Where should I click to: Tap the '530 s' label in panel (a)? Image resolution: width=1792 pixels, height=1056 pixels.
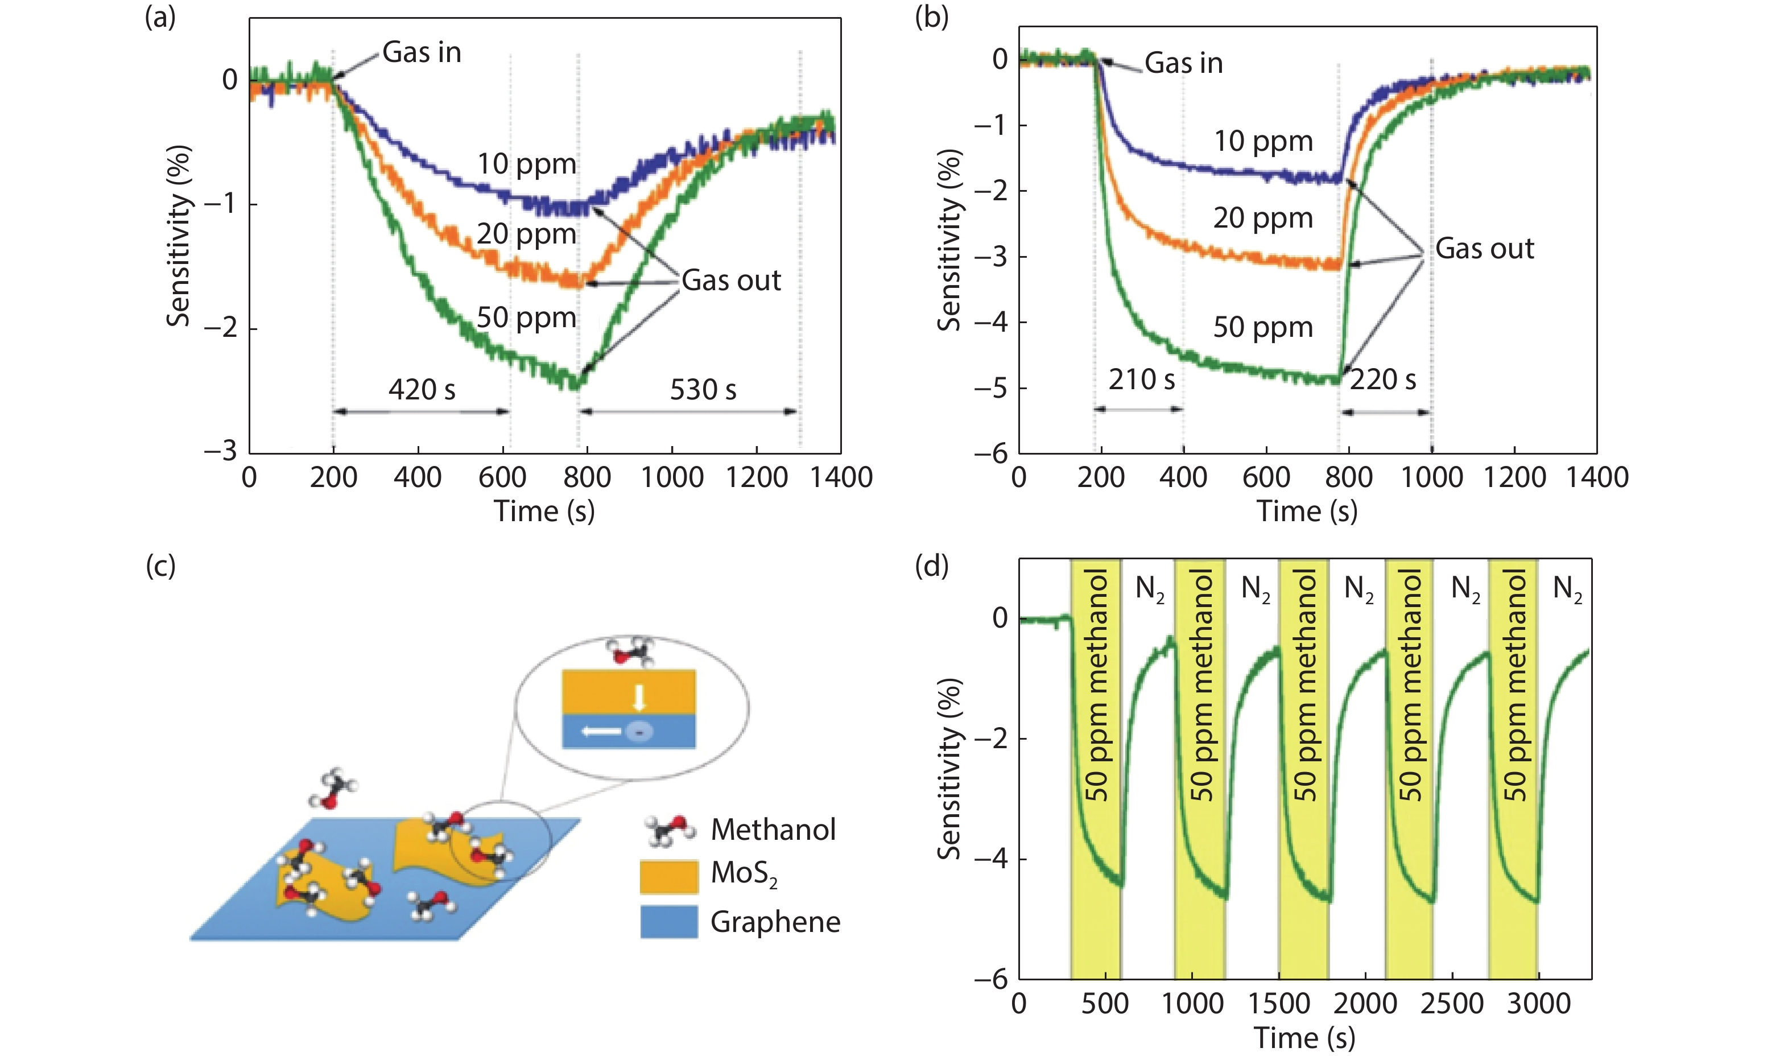703,389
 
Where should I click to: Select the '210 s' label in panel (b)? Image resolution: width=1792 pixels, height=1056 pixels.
1141,379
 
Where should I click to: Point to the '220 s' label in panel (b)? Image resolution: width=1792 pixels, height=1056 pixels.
1382,379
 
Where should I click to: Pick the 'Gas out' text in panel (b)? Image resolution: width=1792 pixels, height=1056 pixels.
1484,248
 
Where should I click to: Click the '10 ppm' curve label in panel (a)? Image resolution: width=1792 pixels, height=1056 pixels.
526,164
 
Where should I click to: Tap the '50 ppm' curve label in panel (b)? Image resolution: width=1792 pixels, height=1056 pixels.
1263,327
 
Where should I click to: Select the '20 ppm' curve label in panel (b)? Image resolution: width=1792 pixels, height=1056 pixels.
1263,218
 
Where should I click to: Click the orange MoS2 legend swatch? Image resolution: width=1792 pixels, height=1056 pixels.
668,877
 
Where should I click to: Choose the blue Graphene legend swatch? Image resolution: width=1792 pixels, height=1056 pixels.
668,922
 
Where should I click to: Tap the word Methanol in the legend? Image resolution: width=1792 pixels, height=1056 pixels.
773,830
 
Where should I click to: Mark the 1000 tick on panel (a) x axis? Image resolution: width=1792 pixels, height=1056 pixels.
671,477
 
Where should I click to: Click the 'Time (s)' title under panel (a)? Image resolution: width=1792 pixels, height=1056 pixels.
544,511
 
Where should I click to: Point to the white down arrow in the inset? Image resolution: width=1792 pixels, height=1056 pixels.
639,698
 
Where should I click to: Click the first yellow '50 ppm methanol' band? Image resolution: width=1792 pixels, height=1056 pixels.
1096,769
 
